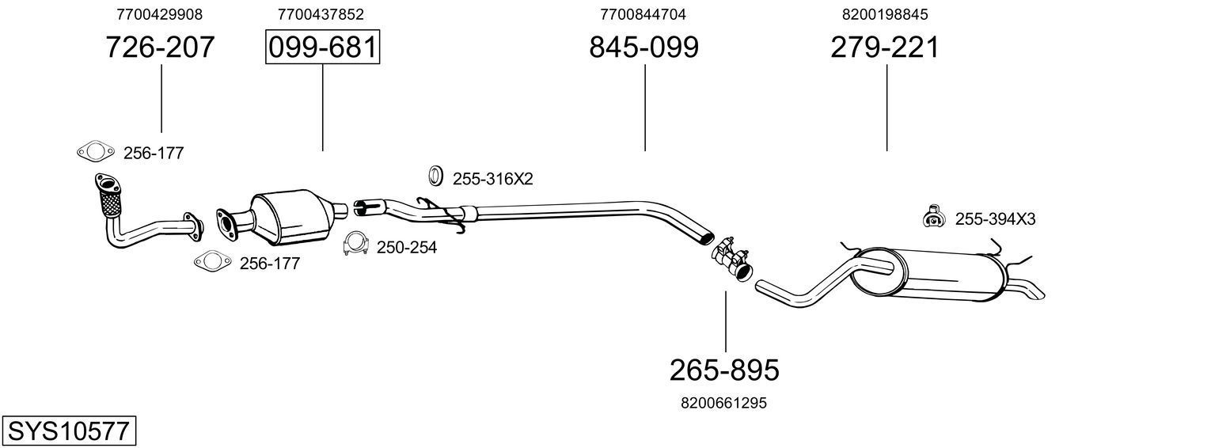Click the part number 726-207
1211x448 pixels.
pos(160,47)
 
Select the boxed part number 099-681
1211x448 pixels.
pos(322,47)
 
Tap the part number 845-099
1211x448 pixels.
pos(643,47)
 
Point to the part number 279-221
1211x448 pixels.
pos(885,47)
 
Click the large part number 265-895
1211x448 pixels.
pos(724,370)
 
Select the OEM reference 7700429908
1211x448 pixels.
pos(159,14)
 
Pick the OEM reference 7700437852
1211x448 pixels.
pos(321,14)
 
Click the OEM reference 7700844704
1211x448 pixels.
pos(643,14)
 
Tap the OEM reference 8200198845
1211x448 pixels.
pos(885,14)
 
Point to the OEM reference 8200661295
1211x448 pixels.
pos(723,403)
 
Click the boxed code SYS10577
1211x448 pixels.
pos(68,431)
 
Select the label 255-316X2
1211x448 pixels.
pos(492,180)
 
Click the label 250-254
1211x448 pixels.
pos(406,248)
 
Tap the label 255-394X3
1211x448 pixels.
pos(995,219)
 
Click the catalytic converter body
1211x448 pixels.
pos(291,218)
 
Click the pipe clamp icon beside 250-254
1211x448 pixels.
pos(355,245)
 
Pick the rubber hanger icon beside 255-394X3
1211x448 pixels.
pos(935,217)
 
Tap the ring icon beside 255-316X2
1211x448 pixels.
pos(435,177)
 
